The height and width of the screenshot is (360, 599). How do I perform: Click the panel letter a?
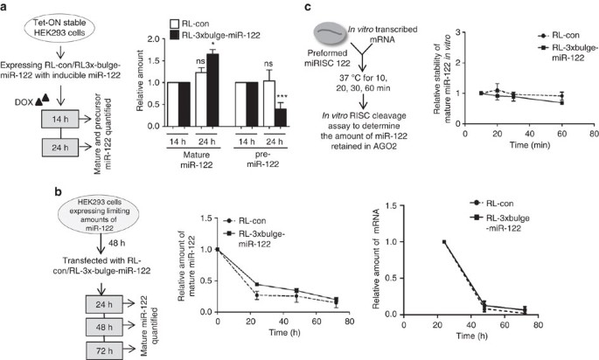(x=6, y=7)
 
